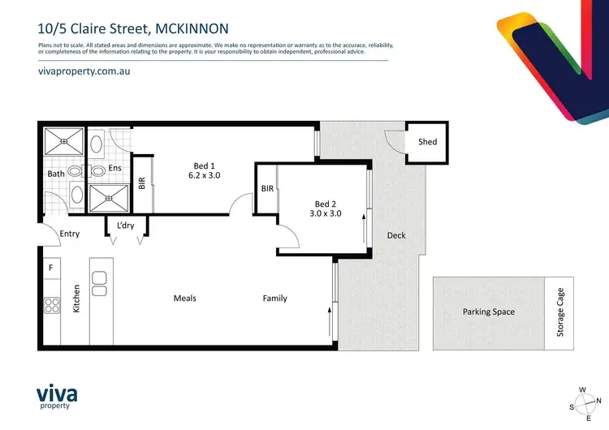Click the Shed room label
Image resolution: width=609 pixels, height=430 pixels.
coord(427,142)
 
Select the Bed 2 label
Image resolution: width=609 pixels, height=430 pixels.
coord(326,204)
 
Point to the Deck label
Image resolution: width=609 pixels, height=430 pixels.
coord(395,235)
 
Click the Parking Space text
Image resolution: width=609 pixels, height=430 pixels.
coord(489,312)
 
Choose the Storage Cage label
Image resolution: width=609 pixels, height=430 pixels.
coord(559,312)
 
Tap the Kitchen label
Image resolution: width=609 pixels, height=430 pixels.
coord(77,299)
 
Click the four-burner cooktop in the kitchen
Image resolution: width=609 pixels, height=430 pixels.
coord(52,306)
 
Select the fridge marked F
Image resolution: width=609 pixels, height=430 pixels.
coord(50,268)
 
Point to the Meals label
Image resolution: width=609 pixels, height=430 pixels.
coord(185,299)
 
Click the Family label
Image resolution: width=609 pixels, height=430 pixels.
coord(274,299)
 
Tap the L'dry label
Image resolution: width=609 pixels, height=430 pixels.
coord(126,225)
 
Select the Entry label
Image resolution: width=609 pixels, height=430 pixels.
coord(71,234)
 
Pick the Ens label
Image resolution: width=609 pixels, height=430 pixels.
coord(114,170)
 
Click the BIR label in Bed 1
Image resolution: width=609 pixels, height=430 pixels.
coord(142,183)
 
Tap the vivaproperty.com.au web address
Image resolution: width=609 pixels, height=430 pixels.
coord(84,71)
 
